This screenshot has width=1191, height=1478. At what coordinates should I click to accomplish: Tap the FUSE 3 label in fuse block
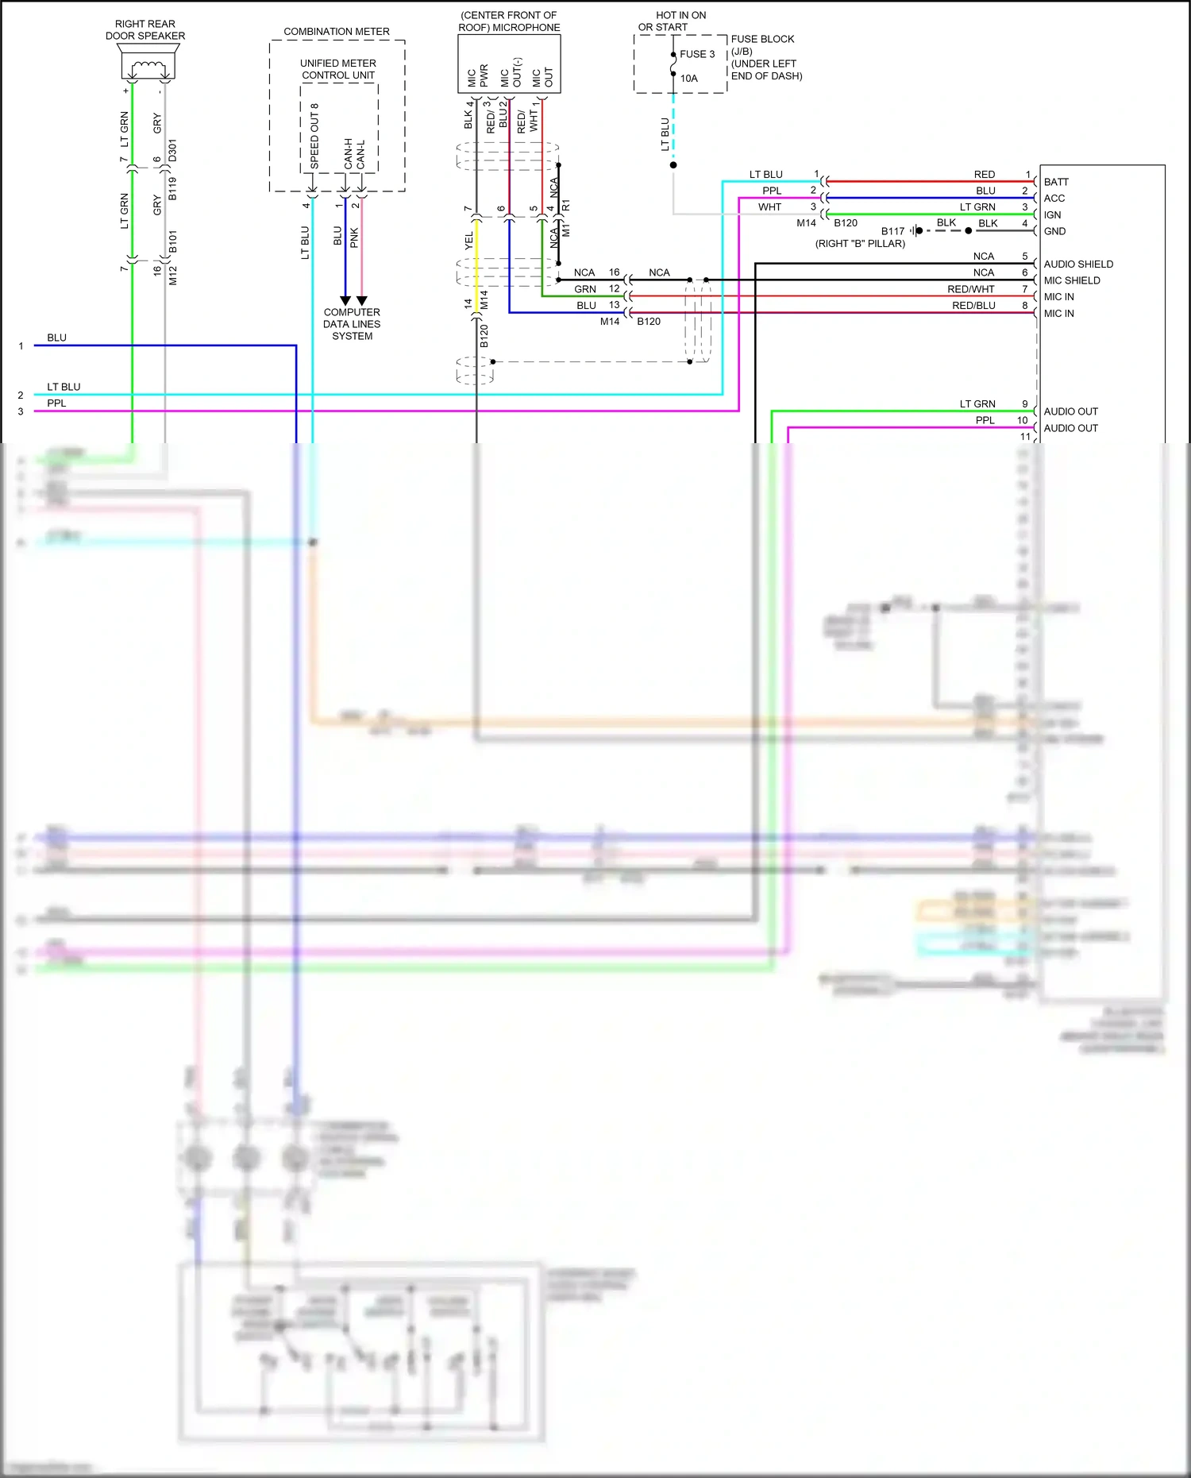[x=697, y=54]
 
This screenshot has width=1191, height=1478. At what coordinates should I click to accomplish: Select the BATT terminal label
[x=1056, y=182]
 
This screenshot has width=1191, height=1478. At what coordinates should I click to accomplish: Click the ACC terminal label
[x=1054, y=199]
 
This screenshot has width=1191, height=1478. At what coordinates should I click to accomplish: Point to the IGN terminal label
[x=1052, y=215]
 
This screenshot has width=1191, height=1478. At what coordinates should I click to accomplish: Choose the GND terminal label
[x=1054, y=231]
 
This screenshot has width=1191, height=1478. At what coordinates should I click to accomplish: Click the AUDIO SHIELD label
[x=1078, y=264]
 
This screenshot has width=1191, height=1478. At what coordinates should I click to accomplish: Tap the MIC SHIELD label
[x=1072, y=280]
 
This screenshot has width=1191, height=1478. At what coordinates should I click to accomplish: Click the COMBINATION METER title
[x=337, y=32]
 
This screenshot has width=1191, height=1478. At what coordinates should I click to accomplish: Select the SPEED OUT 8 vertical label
[x=314, y=135]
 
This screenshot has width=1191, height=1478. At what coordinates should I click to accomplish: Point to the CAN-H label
[x=349, y=153]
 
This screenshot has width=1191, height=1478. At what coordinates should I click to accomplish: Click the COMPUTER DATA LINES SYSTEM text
[x=352, y=324]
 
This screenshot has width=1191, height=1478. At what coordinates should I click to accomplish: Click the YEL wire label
[x=468, y=241]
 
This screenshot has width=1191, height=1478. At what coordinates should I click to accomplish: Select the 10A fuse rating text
[x=688, y=79]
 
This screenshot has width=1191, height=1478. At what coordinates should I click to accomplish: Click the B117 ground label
[x=892, y=231]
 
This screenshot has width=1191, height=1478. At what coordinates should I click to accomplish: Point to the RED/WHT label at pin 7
[x=970, y=289]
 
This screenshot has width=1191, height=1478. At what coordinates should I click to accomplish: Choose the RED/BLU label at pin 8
[x=973, y=306]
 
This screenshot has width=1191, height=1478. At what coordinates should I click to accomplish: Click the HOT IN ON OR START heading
[x=673, y=21]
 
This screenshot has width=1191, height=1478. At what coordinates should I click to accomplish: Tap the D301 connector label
[x=173, y=150]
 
